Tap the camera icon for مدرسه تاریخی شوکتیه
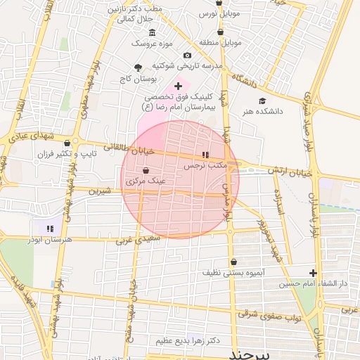point(187,56)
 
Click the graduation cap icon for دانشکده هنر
point(262,101)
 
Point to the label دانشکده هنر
point(262,111)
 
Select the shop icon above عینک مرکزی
point(146,170)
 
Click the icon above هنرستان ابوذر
point(49,228)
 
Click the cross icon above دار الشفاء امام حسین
point(313,273)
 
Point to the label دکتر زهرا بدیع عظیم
point(195,340)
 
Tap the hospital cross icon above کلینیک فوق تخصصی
point(178,86)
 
